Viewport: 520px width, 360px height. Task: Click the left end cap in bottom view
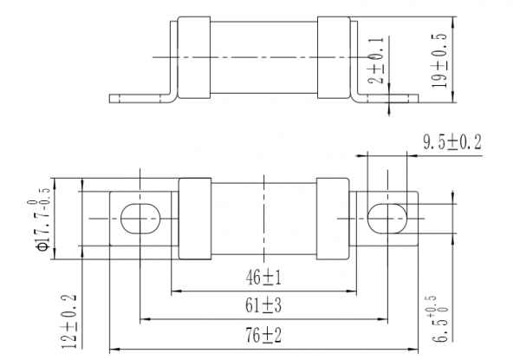(x=195, y=219)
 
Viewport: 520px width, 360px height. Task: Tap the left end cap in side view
(x=193, y=57)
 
